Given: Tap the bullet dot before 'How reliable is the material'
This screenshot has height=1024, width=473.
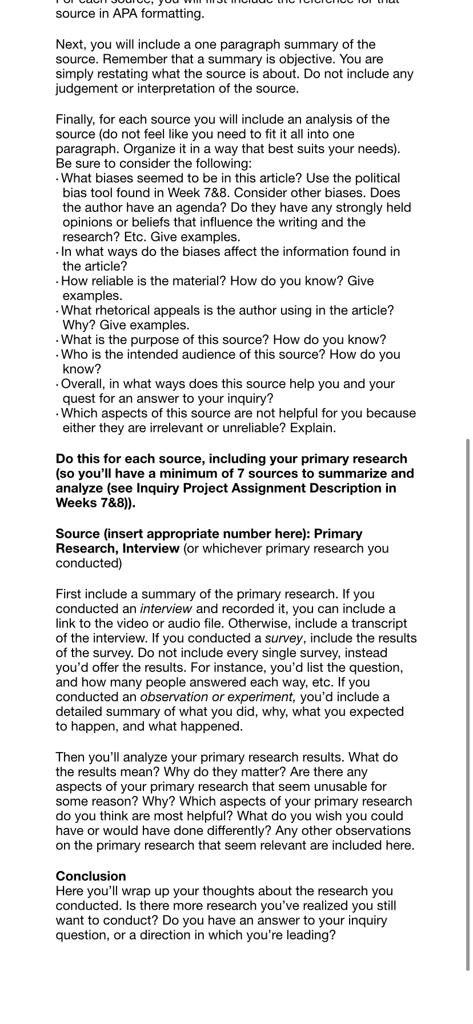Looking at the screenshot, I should coord(58,282).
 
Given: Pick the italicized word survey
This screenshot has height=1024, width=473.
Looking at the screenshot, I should coord(283,638).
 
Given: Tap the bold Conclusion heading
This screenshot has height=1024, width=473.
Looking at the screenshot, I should coord(91,876).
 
